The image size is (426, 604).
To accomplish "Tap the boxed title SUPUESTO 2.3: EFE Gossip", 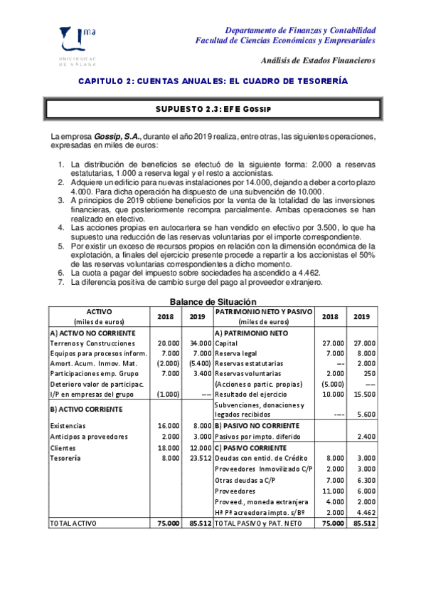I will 213,109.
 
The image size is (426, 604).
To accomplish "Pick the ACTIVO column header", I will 99,312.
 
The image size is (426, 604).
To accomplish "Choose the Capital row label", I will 228,343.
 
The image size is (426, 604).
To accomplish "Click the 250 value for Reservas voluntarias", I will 368,373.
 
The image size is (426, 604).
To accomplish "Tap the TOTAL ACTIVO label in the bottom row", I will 73,523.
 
